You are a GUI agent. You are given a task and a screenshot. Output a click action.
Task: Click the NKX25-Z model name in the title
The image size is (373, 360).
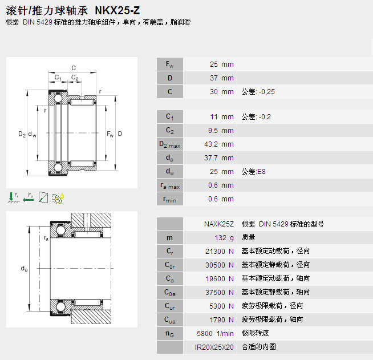click(x=117, y=10)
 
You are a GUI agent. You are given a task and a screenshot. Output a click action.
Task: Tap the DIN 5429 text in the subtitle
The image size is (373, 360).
click(x=37, y=22)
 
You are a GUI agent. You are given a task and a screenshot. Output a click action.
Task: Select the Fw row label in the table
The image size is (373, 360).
click(x=169, y=64)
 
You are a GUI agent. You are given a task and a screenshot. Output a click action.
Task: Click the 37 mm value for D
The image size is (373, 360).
click(x=222, y=78)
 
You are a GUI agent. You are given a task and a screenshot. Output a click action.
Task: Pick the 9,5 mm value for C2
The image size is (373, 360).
click(x=221, y=131)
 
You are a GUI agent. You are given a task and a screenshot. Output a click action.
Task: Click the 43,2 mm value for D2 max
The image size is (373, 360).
click(x=219, y=144)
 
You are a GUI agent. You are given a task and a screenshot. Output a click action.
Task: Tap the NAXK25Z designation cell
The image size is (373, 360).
click(x=219, y=224)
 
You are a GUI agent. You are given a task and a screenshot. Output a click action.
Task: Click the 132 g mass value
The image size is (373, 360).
click(x=224, y=238)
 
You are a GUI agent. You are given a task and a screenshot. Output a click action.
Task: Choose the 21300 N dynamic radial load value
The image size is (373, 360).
click(x=220, y=252)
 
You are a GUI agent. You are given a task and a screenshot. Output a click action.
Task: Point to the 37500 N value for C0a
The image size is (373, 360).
click(x=220, y=293)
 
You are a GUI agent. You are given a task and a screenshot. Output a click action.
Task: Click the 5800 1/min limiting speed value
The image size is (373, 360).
click(x=215, y=334)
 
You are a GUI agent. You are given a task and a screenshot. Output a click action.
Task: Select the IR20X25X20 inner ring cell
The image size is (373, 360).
click(x=214, y=347)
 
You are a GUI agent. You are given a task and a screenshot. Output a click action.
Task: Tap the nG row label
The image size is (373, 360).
click(x=169, y=334)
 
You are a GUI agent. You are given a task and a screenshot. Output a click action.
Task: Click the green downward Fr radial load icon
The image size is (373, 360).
click(x=13, y=197)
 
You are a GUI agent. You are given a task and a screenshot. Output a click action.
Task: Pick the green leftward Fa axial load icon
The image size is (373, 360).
click(x=29, y=197)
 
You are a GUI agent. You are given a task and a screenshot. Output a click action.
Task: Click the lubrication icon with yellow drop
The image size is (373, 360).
click(x=58, y=198)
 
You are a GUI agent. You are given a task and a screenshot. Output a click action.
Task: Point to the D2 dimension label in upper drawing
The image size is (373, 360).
click(x=22, y=134)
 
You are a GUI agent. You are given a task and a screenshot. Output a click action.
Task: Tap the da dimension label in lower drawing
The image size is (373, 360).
click(x=25, y=269)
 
